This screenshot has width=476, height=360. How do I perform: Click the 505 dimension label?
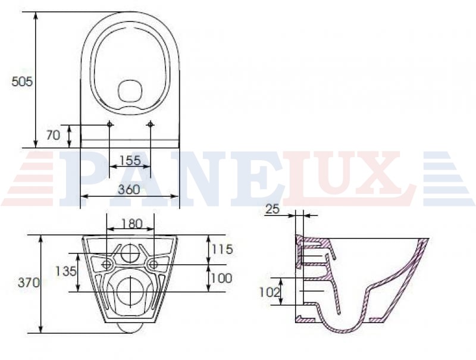coord(22,82)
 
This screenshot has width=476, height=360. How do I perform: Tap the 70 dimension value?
coord(54,136)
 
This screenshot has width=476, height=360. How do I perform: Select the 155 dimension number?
coord(130,160)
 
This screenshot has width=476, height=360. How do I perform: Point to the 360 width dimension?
coord(129,189)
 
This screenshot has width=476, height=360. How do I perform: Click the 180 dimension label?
coord(132,224)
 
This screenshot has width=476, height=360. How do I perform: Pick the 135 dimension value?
coord(65,271)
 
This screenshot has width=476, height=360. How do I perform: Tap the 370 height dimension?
coord(29,283)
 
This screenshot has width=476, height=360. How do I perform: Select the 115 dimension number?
coord(222,249)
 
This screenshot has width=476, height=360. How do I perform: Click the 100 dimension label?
coord(222,278)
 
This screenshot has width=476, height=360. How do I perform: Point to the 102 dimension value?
coord(270,292)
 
